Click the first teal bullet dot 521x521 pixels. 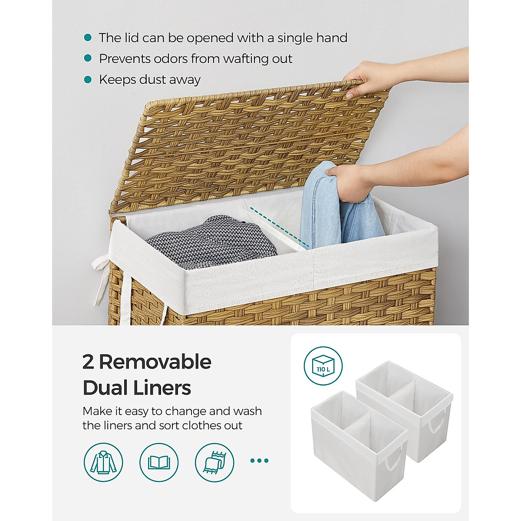click(88, 38)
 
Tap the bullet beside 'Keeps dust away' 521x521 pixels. click(88, 80)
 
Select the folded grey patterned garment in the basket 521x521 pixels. click(213, 243)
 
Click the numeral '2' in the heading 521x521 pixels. click(88, 362)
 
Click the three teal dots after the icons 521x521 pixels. click(260, 461)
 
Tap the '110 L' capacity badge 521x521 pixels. click(323, 366)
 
